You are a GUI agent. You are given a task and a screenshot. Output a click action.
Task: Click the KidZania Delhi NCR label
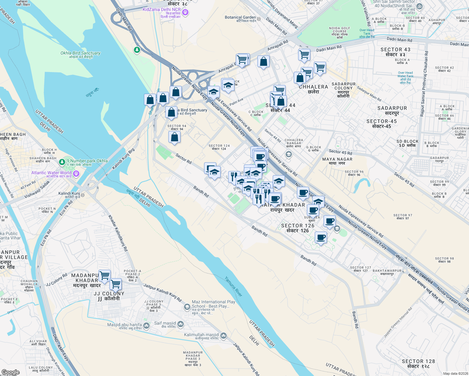pyautogui.click(x=162, y=10)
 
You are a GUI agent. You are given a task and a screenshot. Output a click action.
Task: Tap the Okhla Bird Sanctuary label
pyautogui.click(x=81, y=53)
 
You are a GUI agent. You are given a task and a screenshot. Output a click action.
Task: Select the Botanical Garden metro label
pyautogui.click(x=240, y=18)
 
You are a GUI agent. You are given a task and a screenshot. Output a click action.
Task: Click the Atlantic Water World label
pyautogui.click(x=51, y=173)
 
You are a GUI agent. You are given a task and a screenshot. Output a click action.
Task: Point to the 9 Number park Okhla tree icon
pyautogui.click(x=62, y=162)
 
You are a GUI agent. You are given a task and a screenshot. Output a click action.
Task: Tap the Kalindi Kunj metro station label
pyautogui.click(x=69, y=194)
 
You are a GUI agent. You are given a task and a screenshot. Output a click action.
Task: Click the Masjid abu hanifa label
pyautogui.click(x=124, y=325)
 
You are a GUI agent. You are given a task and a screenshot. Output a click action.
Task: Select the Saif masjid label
pyautogui.click(x=165, y=323)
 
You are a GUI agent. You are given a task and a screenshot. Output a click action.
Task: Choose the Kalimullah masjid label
pyautogui.click(x=201, y=335)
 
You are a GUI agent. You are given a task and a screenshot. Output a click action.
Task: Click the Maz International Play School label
pyautogui.click(x=213, y=304)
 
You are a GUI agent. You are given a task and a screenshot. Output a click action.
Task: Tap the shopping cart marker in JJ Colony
pyautogui.click(x=115, y=284)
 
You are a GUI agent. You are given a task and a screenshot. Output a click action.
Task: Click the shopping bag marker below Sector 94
pyautogui.click(x=174, y=137)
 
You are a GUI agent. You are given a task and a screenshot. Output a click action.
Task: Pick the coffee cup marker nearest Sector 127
pyautogui.click(x=320, y=237)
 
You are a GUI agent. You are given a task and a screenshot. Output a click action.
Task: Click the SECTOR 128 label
pyautogui.click(x=418, y=361)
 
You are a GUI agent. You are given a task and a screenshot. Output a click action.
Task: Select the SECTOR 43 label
pyautogui.click(x=395, y=50)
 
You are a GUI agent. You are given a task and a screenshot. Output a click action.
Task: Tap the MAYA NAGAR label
pyautogui.click(x=337, y=159)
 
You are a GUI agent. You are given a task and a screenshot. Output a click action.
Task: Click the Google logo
pyautogui.click(x=10, y=372)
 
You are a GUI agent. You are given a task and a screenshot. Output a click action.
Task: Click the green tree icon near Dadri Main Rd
pyautogui.click(x=137, y=50)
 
